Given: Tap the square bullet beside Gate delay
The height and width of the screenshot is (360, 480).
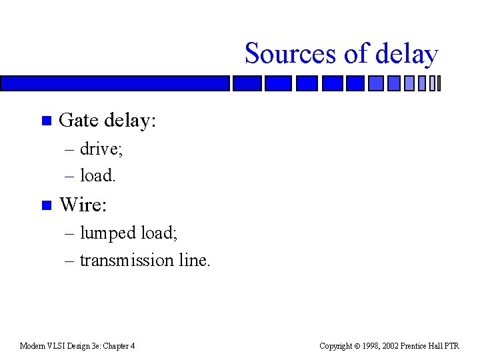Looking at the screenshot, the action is coord(45,121).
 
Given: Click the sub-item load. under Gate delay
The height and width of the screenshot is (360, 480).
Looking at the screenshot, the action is coord(98,175).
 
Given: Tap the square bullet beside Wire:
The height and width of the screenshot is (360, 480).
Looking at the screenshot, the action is coord(45,205).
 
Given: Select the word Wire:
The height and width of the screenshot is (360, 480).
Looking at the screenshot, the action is coord(83,205).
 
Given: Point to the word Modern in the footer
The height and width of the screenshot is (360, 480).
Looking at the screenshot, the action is coord(33,346).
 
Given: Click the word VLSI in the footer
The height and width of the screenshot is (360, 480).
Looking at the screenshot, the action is coord(58,346).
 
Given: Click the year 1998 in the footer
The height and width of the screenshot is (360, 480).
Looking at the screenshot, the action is coord(371,346).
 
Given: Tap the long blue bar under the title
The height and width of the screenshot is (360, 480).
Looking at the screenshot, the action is coord(115,83).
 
